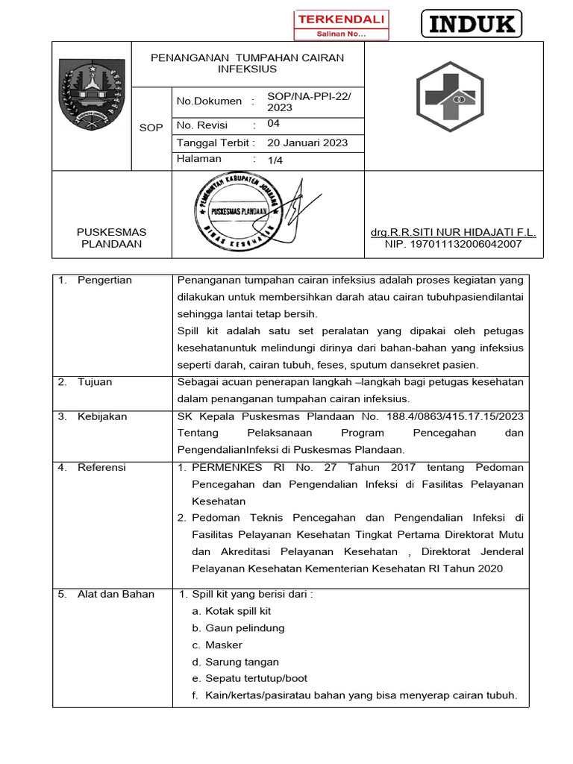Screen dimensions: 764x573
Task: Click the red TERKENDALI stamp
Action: [341, 25]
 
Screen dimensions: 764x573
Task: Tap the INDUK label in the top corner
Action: [472, 25]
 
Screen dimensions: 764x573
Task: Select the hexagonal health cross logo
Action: [454, 95]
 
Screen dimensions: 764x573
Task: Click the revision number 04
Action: [273, 125]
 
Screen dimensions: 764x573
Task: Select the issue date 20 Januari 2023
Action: [307, 143]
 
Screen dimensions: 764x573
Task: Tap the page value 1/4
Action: [275, 160]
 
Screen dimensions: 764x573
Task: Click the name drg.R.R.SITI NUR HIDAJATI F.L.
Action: [453, 232]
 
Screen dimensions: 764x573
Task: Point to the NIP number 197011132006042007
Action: [453, 244]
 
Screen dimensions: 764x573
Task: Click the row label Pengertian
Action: [104, 280]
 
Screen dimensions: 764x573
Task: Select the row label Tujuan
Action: [95, 382]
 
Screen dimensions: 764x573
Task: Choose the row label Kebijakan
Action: [102, 416]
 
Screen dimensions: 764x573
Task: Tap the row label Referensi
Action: [101, 467]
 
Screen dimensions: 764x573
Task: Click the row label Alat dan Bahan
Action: [116, 594]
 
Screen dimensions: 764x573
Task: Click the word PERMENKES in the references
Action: [227, 467]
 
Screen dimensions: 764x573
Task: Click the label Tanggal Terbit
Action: [213, 143]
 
